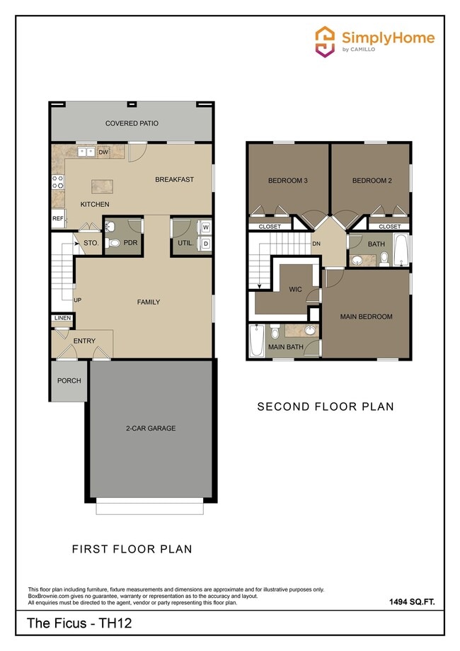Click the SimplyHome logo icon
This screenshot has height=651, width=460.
click(325, 41)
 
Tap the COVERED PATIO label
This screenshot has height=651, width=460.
click(132, 123)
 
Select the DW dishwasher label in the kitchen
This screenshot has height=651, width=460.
click(103, 152)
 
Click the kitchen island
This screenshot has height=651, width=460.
click(103, 186)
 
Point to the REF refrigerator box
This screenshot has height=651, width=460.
click(57, 219)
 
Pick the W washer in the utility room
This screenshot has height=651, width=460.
click(206, 228)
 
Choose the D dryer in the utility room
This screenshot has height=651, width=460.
click(206, 244)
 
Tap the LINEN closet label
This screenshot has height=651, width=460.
click(62, 318)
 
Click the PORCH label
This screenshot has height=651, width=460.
click(69, 380)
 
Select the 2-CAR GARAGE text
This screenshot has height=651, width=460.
click(151, 428)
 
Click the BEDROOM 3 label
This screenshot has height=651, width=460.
click(287, 181)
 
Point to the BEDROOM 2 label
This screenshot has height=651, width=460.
click(372, 181)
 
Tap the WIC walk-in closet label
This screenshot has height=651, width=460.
click(295, 289)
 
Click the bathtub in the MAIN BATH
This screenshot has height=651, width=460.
click(257, 341)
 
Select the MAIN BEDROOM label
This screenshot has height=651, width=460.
click(366, 317)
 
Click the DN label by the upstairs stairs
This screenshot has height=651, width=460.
click(316, 244)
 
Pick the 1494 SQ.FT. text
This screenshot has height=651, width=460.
click(411, 601)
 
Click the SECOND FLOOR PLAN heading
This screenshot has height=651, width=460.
click(325, 407)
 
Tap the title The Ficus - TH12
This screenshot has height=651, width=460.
click(79, 624)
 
